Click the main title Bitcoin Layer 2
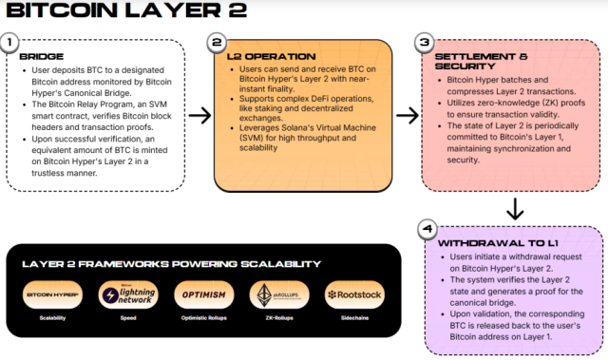click(x=126, y=12)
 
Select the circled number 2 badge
click(x=218, y=44)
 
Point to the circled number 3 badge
click(x=424, y=44)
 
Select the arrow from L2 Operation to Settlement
click(x=406, y=115)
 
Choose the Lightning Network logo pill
click(x=126, y=294)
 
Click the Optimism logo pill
click(x=202, y=294)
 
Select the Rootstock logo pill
click(x=353, y=294)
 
